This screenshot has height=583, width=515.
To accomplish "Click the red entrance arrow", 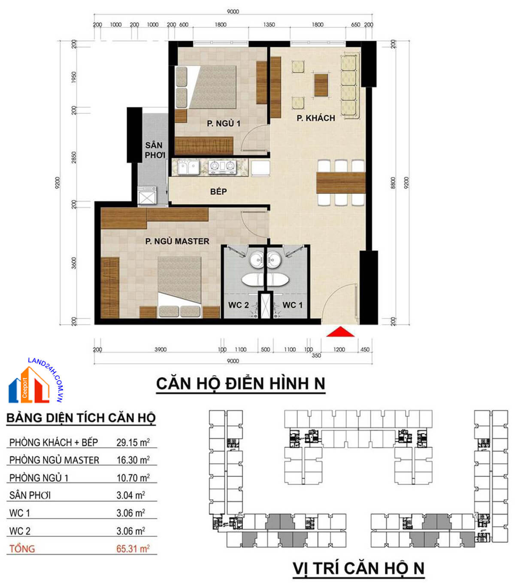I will point(340,332).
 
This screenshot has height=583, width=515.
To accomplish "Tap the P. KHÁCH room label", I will point(316,118).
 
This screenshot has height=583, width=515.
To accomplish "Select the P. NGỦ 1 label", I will point(223,123).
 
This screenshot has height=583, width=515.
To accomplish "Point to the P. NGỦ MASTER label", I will point(177,241).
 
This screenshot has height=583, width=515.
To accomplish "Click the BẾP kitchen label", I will point(218,191).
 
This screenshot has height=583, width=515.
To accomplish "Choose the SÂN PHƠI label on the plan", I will point(154,150).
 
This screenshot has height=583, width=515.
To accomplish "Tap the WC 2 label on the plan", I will point(238,305).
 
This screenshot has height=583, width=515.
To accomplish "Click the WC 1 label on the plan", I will point(292,305).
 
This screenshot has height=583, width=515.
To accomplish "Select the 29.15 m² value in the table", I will point(133,442).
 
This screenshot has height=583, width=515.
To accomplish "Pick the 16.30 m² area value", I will point(133,460).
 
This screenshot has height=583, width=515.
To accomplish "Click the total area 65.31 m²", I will point(133,549).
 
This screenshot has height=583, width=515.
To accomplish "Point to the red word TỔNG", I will point(22,549).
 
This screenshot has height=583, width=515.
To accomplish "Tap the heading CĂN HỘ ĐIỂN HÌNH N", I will point(240,383).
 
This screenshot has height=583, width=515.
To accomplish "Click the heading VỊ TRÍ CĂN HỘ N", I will point(358,568).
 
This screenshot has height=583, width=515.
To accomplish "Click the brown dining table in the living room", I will point(341,182).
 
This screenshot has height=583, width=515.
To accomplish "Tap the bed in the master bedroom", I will point(179,285).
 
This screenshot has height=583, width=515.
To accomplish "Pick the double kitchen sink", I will point(188,167).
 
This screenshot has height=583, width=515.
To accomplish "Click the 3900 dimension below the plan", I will point(161,349).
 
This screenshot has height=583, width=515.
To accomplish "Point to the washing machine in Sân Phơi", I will point(147,197).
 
